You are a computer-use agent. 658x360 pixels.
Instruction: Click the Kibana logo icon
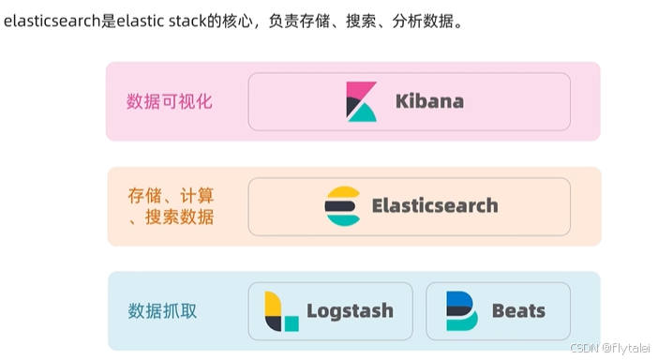click(361, 101)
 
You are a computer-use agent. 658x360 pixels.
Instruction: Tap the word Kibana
click(428, 101)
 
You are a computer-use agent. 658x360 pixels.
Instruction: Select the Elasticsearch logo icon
click(342, 206)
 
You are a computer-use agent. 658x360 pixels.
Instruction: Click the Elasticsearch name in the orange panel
click(434, 206)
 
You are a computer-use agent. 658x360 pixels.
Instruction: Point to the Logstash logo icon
click(280, 311)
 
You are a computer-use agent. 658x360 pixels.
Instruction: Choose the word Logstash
click(350, 311)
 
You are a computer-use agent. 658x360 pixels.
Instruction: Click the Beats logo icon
click(460, 311)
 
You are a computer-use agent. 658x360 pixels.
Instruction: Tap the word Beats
click(518, 311)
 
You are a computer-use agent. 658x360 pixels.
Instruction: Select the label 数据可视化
click(170, 101)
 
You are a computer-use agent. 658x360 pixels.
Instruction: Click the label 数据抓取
click(162, 311)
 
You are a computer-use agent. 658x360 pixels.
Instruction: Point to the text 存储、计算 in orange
click(171, 196)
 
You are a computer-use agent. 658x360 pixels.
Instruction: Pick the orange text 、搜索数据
click(171, 217)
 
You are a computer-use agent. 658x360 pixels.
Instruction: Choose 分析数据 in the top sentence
click(429, 21)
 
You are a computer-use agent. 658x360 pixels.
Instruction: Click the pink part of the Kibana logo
click(357, 91)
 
